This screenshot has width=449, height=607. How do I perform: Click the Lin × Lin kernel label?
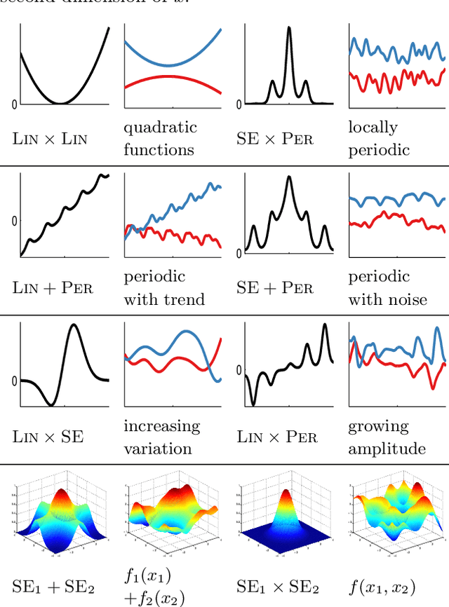coord(50,139)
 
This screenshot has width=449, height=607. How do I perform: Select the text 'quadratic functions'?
coord(160,138)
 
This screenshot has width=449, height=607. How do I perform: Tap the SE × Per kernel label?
coord(276,139)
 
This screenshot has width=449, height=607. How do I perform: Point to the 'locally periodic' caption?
coord(377,138)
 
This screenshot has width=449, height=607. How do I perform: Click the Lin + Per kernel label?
coord(50,287)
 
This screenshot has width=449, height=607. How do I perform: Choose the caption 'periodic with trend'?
coord(164,287)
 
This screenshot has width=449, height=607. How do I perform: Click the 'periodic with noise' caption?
coord(387,287)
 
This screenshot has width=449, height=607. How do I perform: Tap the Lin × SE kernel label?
coord(48,437)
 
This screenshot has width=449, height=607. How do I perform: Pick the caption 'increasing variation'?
coord(161,437)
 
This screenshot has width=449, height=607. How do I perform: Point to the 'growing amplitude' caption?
coord(387,437)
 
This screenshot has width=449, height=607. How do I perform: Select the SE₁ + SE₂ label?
coord(51,586)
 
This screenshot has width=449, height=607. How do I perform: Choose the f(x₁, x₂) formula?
coord(383,585)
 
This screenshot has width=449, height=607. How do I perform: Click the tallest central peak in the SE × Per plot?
coord(289,29)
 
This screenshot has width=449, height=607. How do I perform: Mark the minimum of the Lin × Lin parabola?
coord(61,103)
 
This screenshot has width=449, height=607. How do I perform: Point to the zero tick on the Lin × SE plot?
coord(14,381)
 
